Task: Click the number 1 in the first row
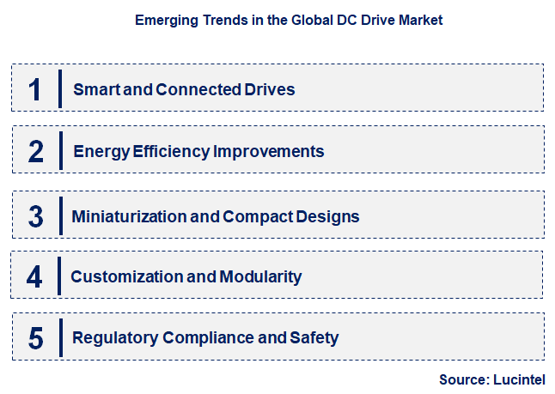pos(35,89)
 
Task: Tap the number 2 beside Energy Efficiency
pos(35,151)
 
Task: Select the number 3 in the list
pos(35,215)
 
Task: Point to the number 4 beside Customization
pos(34,276)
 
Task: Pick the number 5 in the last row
pos(35,338)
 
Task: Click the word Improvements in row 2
pos(268,152)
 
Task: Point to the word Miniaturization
pos(128,215)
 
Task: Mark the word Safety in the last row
pos(313,338)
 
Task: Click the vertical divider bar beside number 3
pos(60,215)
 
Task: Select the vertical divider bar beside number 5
pos(60,337)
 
